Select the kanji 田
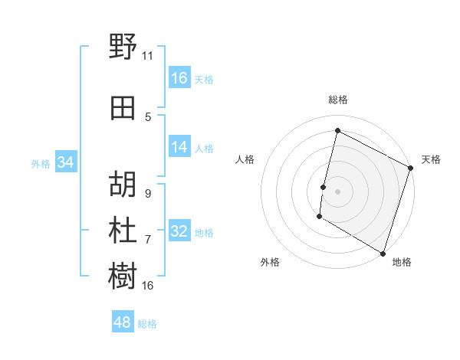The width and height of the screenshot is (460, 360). pyautogui.click(x=123, y=108)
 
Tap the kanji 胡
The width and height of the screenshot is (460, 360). pyautogui.click(x=123, y=183)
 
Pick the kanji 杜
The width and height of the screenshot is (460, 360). pyautogui.click(x=123, y=229)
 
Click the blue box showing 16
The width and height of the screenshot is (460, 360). pyautogui.click(x=179, y=77)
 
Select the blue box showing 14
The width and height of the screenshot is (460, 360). pyautogui.click(x=179, y=147)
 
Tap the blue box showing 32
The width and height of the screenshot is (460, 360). pyautogui.click(x=179, y=231)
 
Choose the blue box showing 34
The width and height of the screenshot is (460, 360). pyautogui.click(x=66, y=162)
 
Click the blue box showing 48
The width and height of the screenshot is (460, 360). pyautogui.click(x=123, y=322)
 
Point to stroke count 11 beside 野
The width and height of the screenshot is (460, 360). pyautogui.click(x=147, y=56)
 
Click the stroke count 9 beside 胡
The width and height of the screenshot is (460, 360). pyautogui.click(x=148, y=194)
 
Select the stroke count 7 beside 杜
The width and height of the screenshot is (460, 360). pyautogui.click(x=148, y=240)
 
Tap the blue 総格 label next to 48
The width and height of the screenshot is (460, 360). pyautogui.click(x=147, y=324)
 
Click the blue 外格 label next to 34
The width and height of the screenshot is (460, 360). pyautogui.click(x=41, y=163)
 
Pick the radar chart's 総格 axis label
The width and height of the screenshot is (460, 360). pyautogui.click(x=337, y=100)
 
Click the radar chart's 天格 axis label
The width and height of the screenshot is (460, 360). pyautogui.click(x=431, y=159)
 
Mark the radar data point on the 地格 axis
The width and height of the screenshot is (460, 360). pyautogui.click(x=382, y=253)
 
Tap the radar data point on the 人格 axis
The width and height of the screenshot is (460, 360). pyautogui.click(x=324, y=187)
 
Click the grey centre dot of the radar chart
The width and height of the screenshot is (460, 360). pyautogui.click(x=337, y=191)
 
